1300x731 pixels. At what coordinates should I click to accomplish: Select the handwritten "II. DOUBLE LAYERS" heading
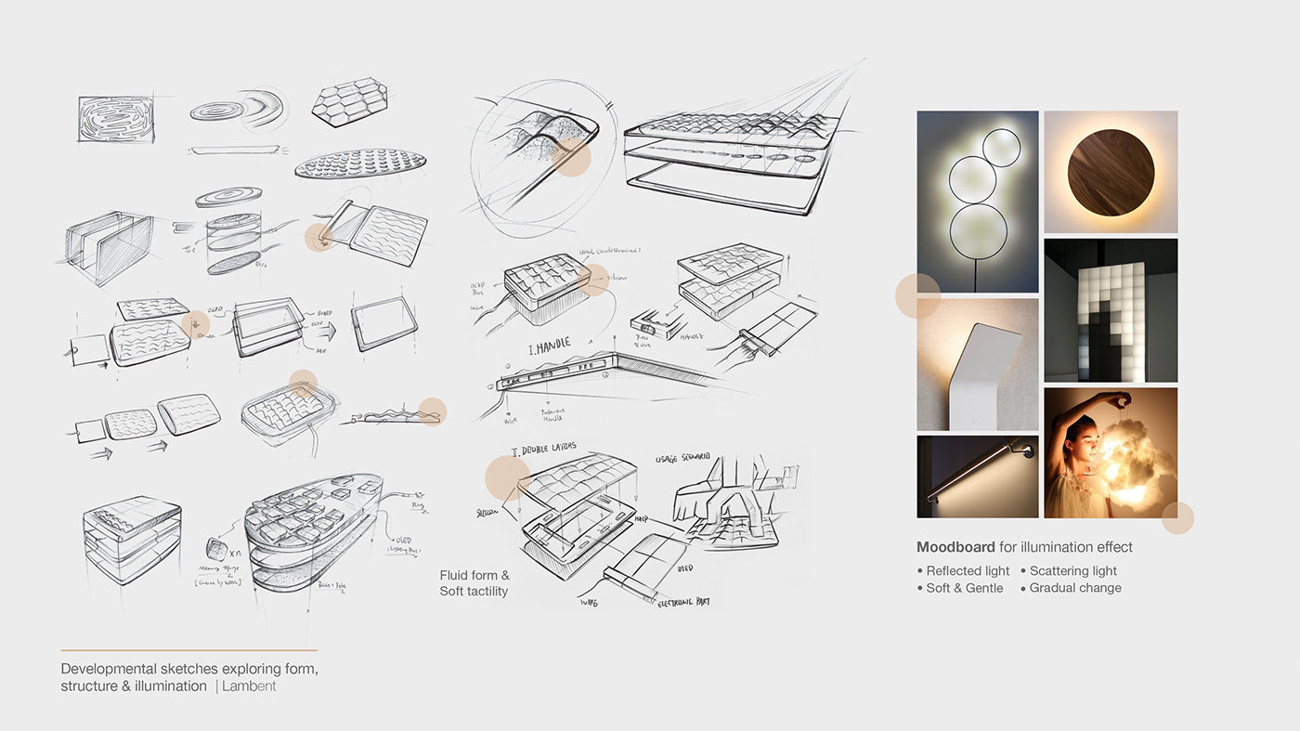(544, 450)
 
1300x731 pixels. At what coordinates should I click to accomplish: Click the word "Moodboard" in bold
(955, 547)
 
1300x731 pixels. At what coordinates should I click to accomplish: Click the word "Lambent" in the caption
(249, 686)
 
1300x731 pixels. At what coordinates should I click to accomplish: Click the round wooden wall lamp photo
(1111, 173)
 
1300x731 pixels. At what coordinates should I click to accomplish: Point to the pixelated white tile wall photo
(1111, 310)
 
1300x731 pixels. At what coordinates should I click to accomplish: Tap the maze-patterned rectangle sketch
(113, 119)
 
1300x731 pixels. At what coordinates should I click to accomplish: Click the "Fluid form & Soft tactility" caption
(474, 583)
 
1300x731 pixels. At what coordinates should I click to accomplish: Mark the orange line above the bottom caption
(188, 650)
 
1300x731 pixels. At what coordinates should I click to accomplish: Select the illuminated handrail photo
(977, 476)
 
